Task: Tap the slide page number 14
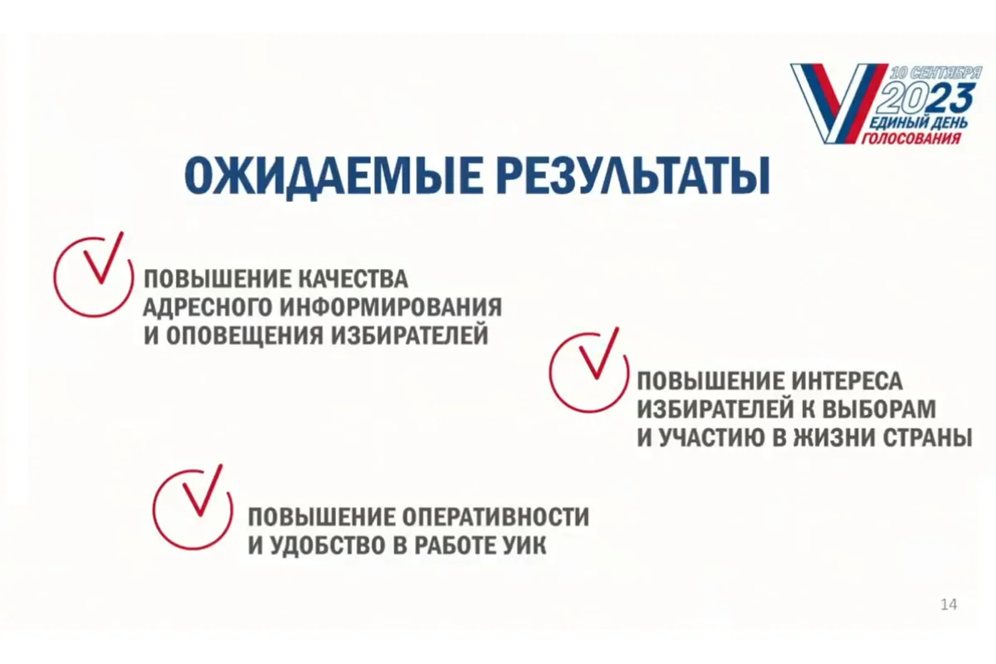coord(949,604)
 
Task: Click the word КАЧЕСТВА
coord(353,280)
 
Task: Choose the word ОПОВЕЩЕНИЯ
coord(245,335)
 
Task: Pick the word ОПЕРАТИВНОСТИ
coord(496,516)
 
